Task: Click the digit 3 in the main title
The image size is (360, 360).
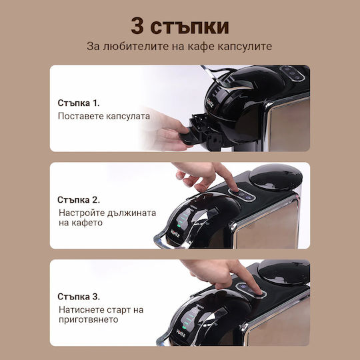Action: pos(137,26)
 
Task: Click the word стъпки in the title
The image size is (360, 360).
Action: pos(189,27)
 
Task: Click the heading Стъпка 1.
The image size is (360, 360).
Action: pos(79,103)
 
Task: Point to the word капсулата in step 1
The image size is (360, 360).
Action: pos(127,116)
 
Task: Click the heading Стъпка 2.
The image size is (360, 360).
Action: pos(79,200)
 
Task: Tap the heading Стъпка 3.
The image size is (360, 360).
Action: pos(79,297)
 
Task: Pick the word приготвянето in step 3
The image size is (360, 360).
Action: pos(89,319)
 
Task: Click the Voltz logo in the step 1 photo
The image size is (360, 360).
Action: pos(210,103)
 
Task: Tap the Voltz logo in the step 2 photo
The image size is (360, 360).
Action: pos(175,233)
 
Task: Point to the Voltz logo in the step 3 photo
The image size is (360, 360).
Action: pos(181,333)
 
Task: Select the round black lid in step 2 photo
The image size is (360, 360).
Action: pos(276,176)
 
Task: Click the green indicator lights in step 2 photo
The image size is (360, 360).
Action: pos(181,219)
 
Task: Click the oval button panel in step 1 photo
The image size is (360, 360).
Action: pos(292,73)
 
